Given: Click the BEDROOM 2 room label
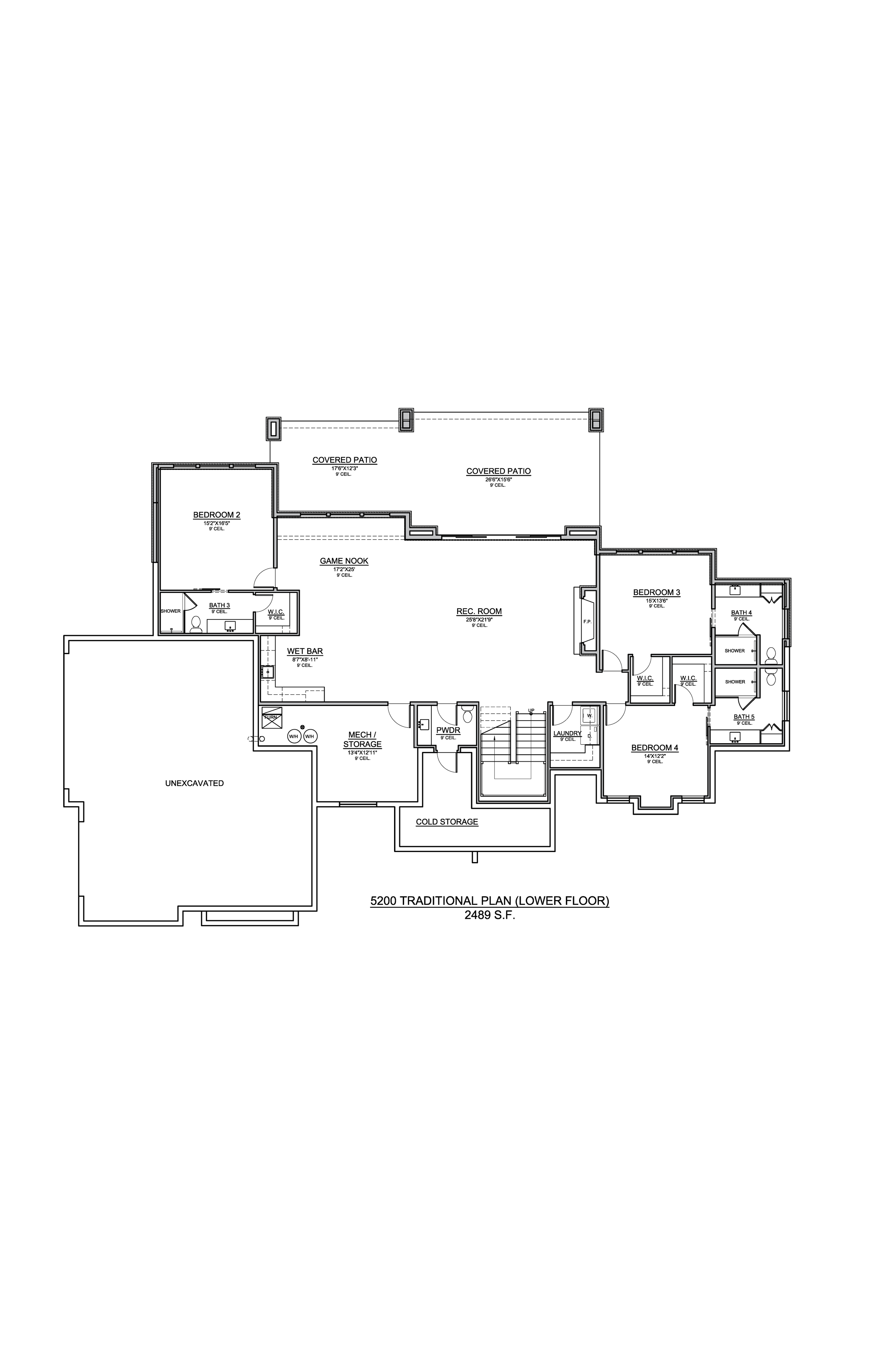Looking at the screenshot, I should [x=217, y=515].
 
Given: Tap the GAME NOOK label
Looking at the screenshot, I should [x=344, y=561].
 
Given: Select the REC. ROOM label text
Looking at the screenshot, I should [x=479, y=611].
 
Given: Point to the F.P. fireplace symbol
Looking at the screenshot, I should [x=587, y=622].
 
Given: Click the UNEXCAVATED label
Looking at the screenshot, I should [x=194, y=783].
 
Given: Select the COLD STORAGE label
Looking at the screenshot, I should [x=447, y=822].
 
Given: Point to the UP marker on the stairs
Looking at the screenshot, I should [x=531, y=710].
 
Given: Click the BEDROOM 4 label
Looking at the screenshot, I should [x=654, y=748].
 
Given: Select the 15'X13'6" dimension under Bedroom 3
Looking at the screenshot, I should [x=656, y=601].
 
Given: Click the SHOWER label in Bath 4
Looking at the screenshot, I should [x=735, y=651].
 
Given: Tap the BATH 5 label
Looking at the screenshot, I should [x=744, y=716].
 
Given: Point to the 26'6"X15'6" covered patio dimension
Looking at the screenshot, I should [x=498, y=479].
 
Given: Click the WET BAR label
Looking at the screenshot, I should [x=305, y=652].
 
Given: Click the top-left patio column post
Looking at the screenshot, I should [x=273, y=429].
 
